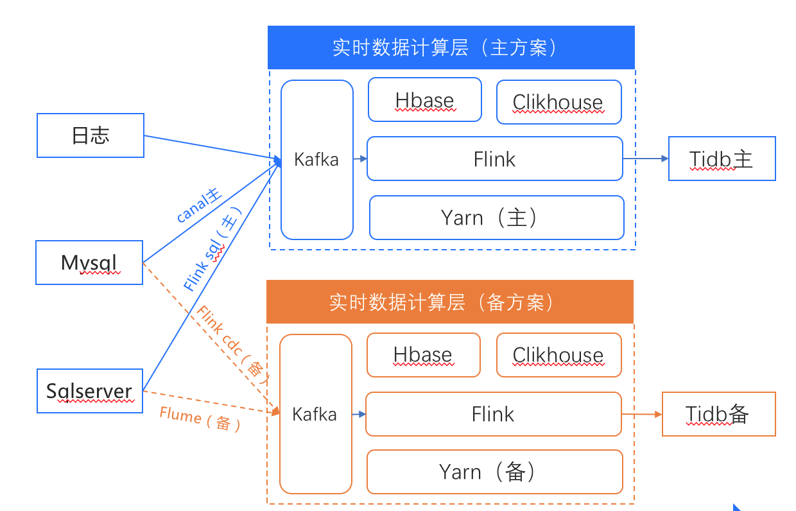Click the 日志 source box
click(x=91, y=135)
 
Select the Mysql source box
click(x=89, y=263)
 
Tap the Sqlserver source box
click(x=89, y=390)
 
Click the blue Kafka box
click(x=317, y=159)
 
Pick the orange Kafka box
click(x=315, y=414)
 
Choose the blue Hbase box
click(x=424, y=100)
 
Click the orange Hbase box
click(x=423, y=355)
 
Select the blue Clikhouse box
click(x=558, y=102)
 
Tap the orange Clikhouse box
click(x=558, y=355)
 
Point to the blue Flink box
click(x=494, y=159)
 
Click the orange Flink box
click(x=493, y=414)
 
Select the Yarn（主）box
click(x=496, y=218)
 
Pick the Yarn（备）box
click(x=494, y=472)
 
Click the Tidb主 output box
click(x=722, y=159)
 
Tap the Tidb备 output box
click(x=718, y=414)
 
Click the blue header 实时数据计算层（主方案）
click(x=451, y=48)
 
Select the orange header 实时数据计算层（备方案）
click(x=449, y=302)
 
